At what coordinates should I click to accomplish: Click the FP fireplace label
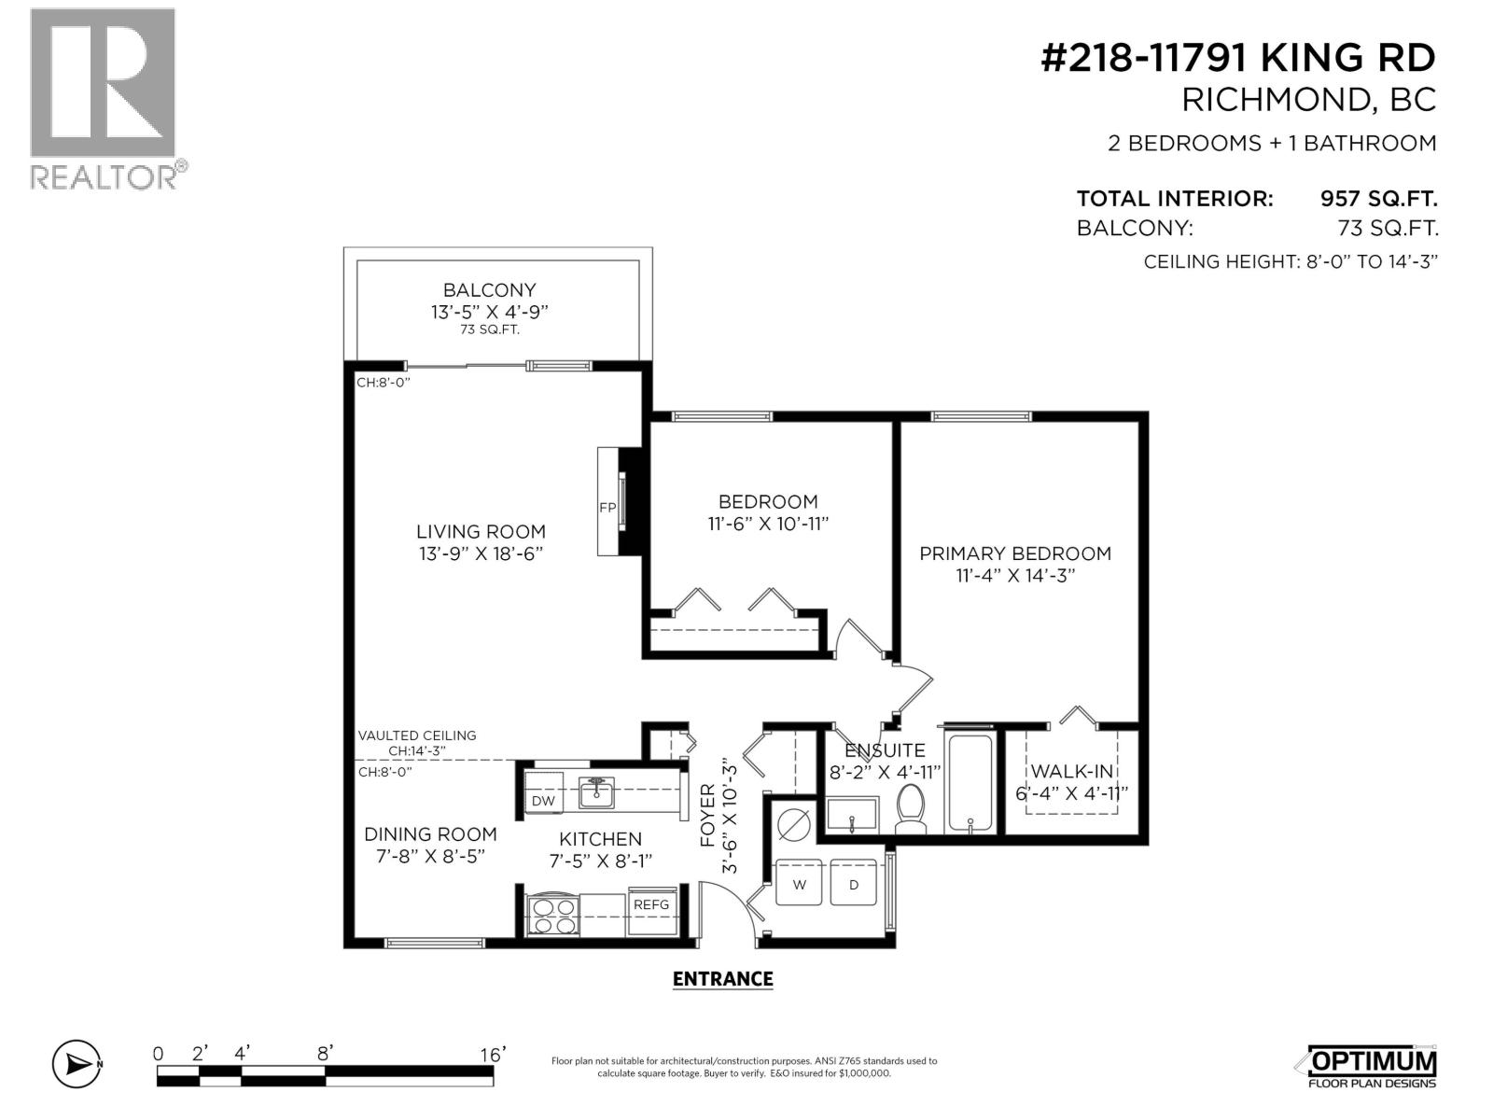click(607, 508)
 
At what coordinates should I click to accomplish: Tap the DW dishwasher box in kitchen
click(543, 801)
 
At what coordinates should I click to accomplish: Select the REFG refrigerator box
click(651, 904)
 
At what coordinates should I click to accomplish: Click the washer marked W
click(800, 884)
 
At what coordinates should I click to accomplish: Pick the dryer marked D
click(854, 884)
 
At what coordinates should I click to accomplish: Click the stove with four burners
click(553, 915)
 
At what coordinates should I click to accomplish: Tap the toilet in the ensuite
click(910, 808)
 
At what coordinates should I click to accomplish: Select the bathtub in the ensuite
click(970, 784)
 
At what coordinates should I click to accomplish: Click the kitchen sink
click(595, 793)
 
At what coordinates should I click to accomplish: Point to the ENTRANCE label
click(723, 979)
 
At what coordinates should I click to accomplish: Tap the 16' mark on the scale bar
click(493, 1055)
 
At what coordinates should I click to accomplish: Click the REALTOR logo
click(105, 98)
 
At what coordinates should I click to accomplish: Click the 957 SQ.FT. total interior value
click(1378, 199)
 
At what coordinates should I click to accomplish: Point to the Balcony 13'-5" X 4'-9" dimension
click(489, 313)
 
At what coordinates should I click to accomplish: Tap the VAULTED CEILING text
click(417, 735)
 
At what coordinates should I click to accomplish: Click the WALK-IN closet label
click(1072, 772)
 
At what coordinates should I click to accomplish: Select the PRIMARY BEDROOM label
click(1015, 553)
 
